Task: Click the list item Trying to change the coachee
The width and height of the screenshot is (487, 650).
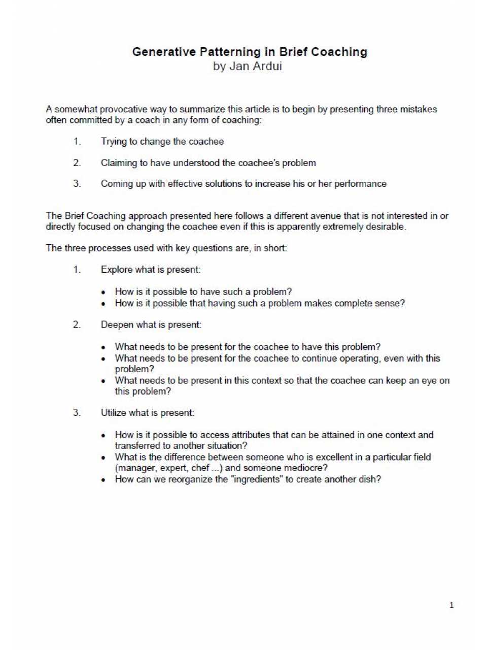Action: pyautogui.click(x=162, y=142)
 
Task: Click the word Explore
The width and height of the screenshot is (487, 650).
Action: pyautogui.click(x=115, y=270)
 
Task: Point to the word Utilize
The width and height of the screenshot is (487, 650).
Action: pyautogui.click(x=114, y=413)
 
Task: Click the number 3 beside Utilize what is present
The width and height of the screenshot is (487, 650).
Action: pyautogui.click(x=77, y=413)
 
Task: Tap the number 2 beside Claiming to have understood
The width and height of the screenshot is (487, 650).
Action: pyautogui.click(x=77, y=163)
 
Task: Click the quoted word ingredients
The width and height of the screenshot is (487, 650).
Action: pyautogui.click(x=257, y=479)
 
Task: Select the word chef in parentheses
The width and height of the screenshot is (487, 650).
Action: pyautogui.click(x=200, y=468)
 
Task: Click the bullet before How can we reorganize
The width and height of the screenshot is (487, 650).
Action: pyautogui.click(x=103, y=480)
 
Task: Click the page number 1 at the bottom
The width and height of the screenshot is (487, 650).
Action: pyautogui.click(x=451, y=605)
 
